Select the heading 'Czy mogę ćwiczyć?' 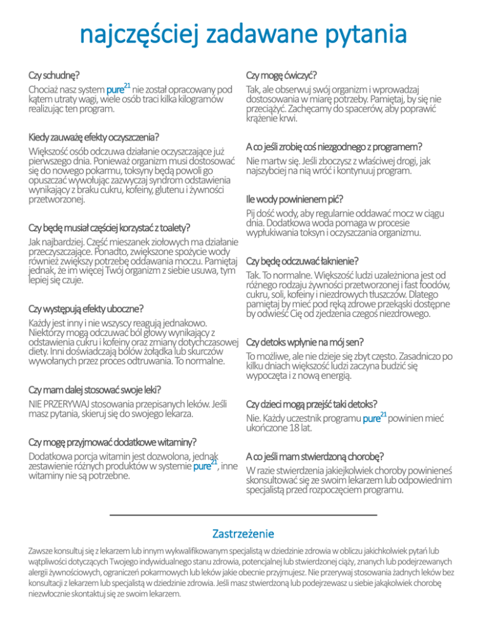click(x=282, y=74)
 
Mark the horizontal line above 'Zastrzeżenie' click(x=243, y=515)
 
